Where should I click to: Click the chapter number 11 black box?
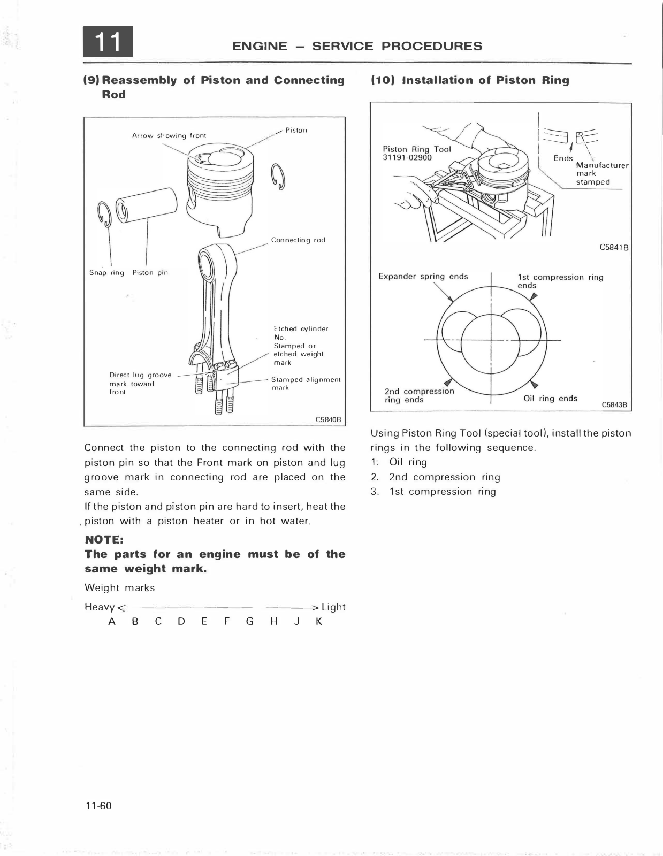[108, 42]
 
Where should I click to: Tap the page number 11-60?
[98, 806]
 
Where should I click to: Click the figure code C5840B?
[328, 419]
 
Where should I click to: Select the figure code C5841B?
[613, 248]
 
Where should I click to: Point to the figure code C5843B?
[614, 405]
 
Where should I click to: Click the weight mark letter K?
[319, 622]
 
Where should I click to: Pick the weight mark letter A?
[112, 622]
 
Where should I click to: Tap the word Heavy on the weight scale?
[100, 607]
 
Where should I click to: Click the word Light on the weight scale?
[333, 607]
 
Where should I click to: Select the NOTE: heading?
[104, 539]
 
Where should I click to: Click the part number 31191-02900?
[407, 157]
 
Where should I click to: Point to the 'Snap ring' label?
[106, 273]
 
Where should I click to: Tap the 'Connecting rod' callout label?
[298, 240]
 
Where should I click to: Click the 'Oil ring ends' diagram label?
[550, 398]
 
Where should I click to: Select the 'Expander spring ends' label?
[423, 277]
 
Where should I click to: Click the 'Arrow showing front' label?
[169, 136]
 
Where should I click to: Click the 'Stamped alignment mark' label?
[306, 383]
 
